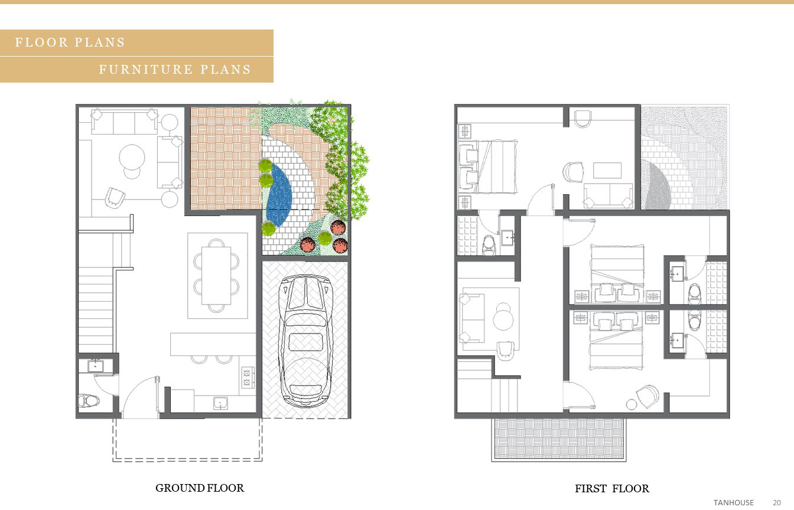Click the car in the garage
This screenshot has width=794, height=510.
pos(305,341)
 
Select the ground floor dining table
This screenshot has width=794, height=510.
pos(216,276)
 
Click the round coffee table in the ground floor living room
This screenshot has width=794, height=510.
pos(132,158)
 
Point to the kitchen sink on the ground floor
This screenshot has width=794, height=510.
pos(220,403)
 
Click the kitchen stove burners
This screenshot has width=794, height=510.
pos(247,377)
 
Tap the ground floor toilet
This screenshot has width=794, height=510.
pos(88,401)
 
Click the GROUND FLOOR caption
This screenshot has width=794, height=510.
pos(200,488)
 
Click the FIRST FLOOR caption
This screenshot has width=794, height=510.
pos(612,489)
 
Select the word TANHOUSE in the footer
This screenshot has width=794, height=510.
pos(733,502)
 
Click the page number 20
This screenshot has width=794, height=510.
pos(777,502)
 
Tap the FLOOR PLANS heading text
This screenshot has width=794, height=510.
pos(70,42)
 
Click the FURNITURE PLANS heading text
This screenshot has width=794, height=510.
pos(175,70)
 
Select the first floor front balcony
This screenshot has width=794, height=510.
pos(559,439)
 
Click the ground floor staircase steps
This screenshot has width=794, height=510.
pos(96,310)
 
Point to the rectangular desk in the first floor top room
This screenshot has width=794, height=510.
pos(607,171)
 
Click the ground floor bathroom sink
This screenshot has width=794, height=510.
pos(95,366)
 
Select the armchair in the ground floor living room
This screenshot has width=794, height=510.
pos(115,198)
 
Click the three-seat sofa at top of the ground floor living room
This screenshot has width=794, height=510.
pos(125,122)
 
